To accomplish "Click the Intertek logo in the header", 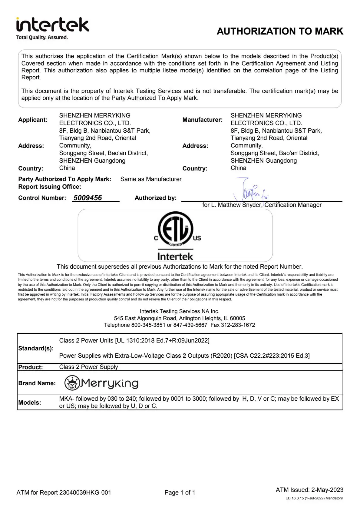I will point(53,25).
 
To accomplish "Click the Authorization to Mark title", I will point(280,31).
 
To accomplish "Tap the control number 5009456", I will point(88,198).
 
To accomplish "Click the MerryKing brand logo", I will point(102,383).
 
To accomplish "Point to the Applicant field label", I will point(33,120).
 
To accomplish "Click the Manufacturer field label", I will point(202,120).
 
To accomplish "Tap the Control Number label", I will point(42,198).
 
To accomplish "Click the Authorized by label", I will point(155,198).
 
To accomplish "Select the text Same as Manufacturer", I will point(151,179).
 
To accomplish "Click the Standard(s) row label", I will point(36,348).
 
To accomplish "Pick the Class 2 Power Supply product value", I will point(88,367).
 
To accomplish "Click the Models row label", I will point(30,402).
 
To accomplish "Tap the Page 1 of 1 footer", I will point(180,492).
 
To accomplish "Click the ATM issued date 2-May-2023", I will point(327,490).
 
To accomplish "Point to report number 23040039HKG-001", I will point(85,492).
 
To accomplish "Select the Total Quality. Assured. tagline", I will point(42,37).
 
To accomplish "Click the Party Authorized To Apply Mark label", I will point(64,179).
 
